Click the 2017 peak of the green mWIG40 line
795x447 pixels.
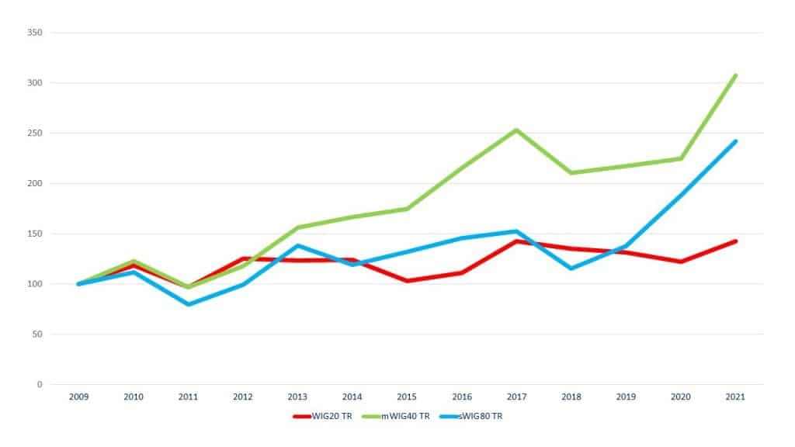(x=516, y=130)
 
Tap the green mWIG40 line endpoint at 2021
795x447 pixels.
(x=734, y=76)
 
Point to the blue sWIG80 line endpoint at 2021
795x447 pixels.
(x=734, y=141)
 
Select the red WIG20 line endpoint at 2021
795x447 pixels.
(x=734, y=241)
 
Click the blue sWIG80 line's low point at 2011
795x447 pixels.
(x=188, y=304)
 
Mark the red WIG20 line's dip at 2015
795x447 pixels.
(x=407, y=281)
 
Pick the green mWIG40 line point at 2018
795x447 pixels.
(x=571, y=172)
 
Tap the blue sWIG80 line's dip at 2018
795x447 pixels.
(x=571, y=269)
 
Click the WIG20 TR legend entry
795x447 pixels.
(x=321, y=417)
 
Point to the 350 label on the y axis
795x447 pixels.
(x=35, y=33)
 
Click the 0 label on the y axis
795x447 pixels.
(x=40, y=384)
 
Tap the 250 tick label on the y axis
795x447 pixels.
(x=35, y=133)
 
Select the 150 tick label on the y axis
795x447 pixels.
(x=35, y=234)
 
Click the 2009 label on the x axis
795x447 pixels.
(x=78, y=397)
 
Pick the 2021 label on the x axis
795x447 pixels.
(x=734, y=397)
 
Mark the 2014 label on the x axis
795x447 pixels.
(x=352, y=397)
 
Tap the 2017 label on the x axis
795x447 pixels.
(x=516, y=397)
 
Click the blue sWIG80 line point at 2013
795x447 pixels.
(x=297, y=245)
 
